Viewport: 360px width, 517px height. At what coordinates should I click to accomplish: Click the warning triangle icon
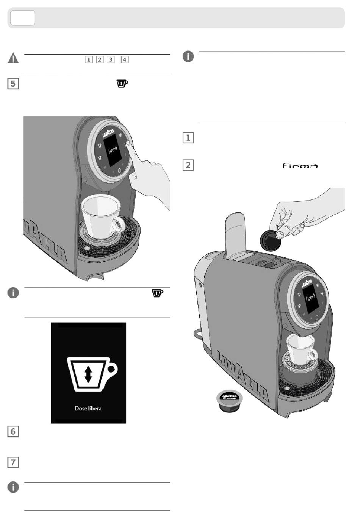(x=13, y=58)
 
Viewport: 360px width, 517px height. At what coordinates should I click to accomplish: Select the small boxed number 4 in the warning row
(x=125, y=60)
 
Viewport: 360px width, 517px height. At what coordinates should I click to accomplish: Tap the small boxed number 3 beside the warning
(x=111, y=60)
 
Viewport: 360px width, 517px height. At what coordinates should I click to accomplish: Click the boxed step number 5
(x=13, y=83)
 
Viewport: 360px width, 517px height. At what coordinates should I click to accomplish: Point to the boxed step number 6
(x=13, y=431)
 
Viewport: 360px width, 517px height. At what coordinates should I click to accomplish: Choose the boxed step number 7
(x=13, y=462)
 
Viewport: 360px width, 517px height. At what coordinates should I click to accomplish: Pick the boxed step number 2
(x=188, y=165)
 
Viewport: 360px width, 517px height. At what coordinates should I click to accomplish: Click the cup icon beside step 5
(x=122, y=83)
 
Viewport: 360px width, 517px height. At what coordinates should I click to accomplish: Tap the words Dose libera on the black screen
(x=88, y=409)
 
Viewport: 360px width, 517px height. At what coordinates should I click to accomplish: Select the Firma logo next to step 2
(x=300, y=166)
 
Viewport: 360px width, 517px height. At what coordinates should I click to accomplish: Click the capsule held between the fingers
(x=271, y=240)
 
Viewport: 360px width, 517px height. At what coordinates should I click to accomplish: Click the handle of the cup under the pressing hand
(x=119, y=225)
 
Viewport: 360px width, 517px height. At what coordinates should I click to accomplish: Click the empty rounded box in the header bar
(x=23, y=18)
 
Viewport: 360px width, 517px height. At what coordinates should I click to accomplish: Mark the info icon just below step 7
(x=13, y=487)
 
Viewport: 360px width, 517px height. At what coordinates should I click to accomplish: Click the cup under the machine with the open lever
(x=300, y=348)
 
